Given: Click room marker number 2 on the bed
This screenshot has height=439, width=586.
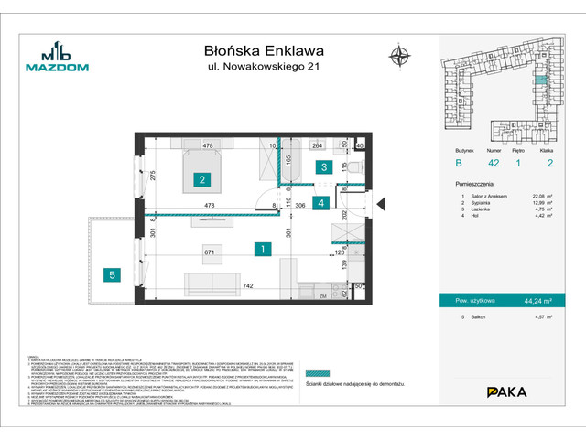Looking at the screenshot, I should point(200,181).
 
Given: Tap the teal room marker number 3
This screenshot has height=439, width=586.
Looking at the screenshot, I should point(322,167).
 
